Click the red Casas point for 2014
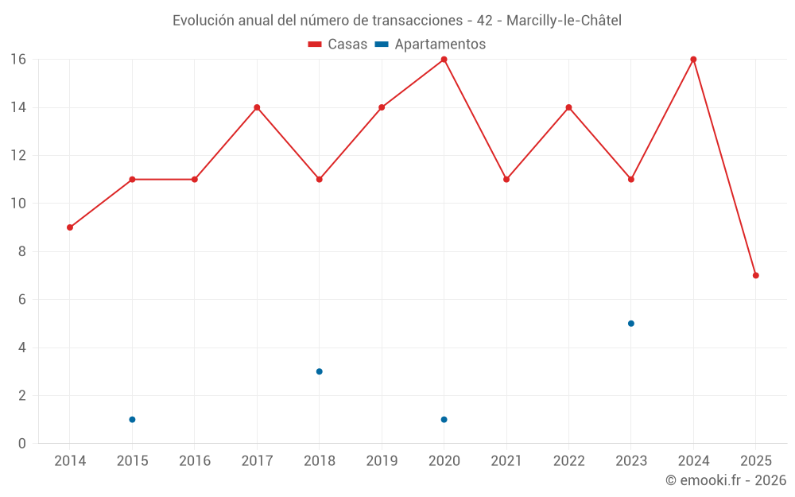click(70, 227)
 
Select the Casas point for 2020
click(444, 60)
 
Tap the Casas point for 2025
click(755, 275)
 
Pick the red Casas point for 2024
click(693, 60)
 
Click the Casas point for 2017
click(257, 107)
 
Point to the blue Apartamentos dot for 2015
click(132, 419)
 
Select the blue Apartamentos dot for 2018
click(319, 371)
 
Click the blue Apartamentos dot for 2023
click(630, 324)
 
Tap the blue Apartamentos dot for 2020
click(444, 419)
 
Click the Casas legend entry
click(338, 45)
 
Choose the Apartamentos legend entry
click(430, 45)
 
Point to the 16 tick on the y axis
click(17, 60)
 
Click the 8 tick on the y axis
click(21, 251)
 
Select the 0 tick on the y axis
click(21, 443)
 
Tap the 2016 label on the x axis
click(195, 461)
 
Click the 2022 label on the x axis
click(568, 461)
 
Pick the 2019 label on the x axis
click(382, 461)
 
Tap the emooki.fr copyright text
click(726, 480)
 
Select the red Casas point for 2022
click(568, 107)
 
